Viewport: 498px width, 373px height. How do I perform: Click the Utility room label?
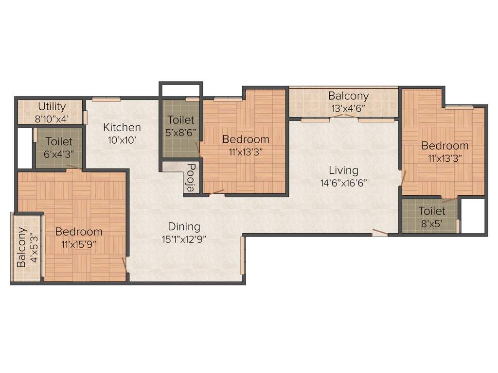point(52,106)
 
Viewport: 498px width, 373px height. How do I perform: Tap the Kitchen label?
point(122,127)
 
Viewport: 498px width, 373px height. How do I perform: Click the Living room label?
point(343,170)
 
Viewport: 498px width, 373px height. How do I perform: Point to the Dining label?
point(184,226)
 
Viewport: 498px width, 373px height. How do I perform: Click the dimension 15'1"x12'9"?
point(184,239)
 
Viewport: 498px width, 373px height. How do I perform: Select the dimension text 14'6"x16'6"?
point(343,183)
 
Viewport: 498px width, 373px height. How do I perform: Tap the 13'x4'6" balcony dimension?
point(348,108)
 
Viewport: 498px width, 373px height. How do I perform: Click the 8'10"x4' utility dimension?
point(52,118)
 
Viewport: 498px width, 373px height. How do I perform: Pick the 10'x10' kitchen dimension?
point(122,140)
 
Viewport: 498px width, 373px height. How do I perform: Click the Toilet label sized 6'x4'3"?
point(59,142)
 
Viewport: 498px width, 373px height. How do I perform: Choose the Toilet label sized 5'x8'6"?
point(180,119)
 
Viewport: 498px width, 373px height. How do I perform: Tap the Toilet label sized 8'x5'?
point(432,211)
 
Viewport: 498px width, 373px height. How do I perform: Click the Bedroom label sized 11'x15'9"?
point(79,232)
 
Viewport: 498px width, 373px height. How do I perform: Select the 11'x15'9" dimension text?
point(79,244)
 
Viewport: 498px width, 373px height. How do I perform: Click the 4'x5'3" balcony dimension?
point(33,248)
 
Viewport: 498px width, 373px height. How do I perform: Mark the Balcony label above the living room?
point(348,96)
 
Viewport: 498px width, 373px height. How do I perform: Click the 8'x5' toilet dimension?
point(432,224)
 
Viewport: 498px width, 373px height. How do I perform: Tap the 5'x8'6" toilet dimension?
point(180,132)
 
